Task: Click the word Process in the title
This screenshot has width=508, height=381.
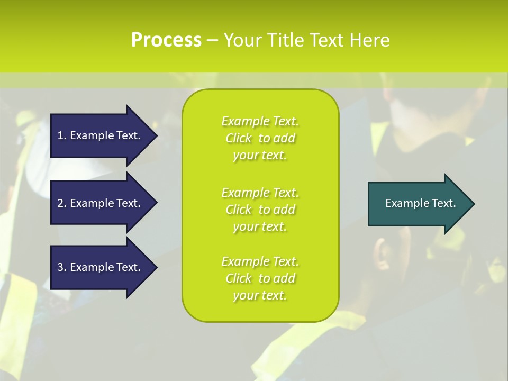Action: [166, 40]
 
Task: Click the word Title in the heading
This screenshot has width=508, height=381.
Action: [286, 40]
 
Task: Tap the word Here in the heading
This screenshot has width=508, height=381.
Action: [369, 40]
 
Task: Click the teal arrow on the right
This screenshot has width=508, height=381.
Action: [418, 203]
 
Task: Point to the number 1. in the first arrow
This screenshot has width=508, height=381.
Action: [61, 135]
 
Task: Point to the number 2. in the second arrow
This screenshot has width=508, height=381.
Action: [61, 203]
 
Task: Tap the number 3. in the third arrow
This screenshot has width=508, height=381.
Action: [61, 267]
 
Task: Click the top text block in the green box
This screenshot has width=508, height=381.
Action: [260, 138]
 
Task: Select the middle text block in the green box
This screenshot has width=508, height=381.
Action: [260, 209]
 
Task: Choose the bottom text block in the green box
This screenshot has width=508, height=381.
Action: [260, 278]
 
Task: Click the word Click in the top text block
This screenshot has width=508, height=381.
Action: [239, 138]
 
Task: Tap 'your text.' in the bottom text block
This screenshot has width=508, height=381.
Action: [260, 295]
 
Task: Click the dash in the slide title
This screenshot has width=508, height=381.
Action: [213, 40]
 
